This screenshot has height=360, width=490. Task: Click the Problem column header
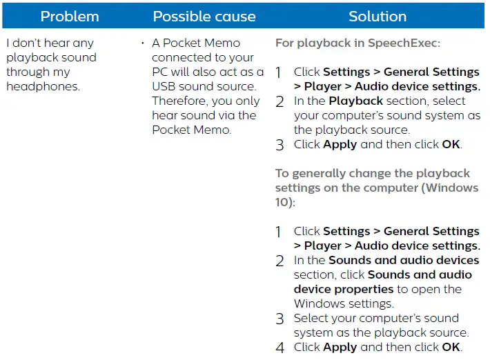pos(70,16)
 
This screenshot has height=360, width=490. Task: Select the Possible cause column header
pos(204,16)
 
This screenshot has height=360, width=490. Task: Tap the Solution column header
pos(378,16)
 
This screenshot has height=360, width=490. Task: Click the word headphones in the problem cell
pos(43,86)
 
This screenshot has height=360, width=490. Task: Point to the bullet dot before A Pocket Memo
pos(143,43)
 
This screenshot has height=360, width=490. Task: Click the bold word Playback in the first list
pos(355,101)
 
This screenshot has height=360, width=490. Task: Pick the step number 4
pos(280,348)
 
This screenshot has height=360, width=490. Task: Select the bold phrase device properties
pos(344,289)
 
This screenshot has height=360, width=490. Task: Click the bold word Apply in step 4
pos(340,347)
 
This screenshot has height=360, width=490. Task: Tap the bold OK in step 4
pos(451,347)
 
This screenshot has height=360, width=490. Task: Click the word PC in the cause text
pos(160,72)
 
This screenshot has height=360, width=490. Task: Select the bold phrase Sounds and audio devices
pos(404,260)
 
